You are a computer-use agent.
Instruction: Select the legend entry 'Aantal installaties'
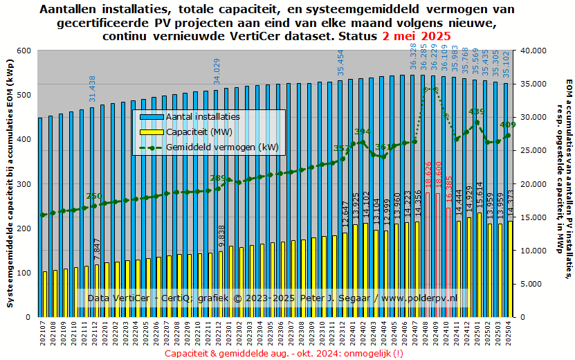203,116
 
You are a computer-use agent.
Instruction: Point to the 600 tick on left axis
24,51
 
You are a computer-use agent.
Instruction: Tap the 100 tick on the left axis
24,273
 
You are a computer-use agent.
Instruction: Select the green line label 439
477,112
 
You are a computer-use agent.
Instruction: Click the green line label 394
363,132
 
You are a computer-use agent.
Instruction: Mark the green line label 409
507,125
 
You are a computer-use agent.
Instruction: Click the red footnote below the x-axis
284,354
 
